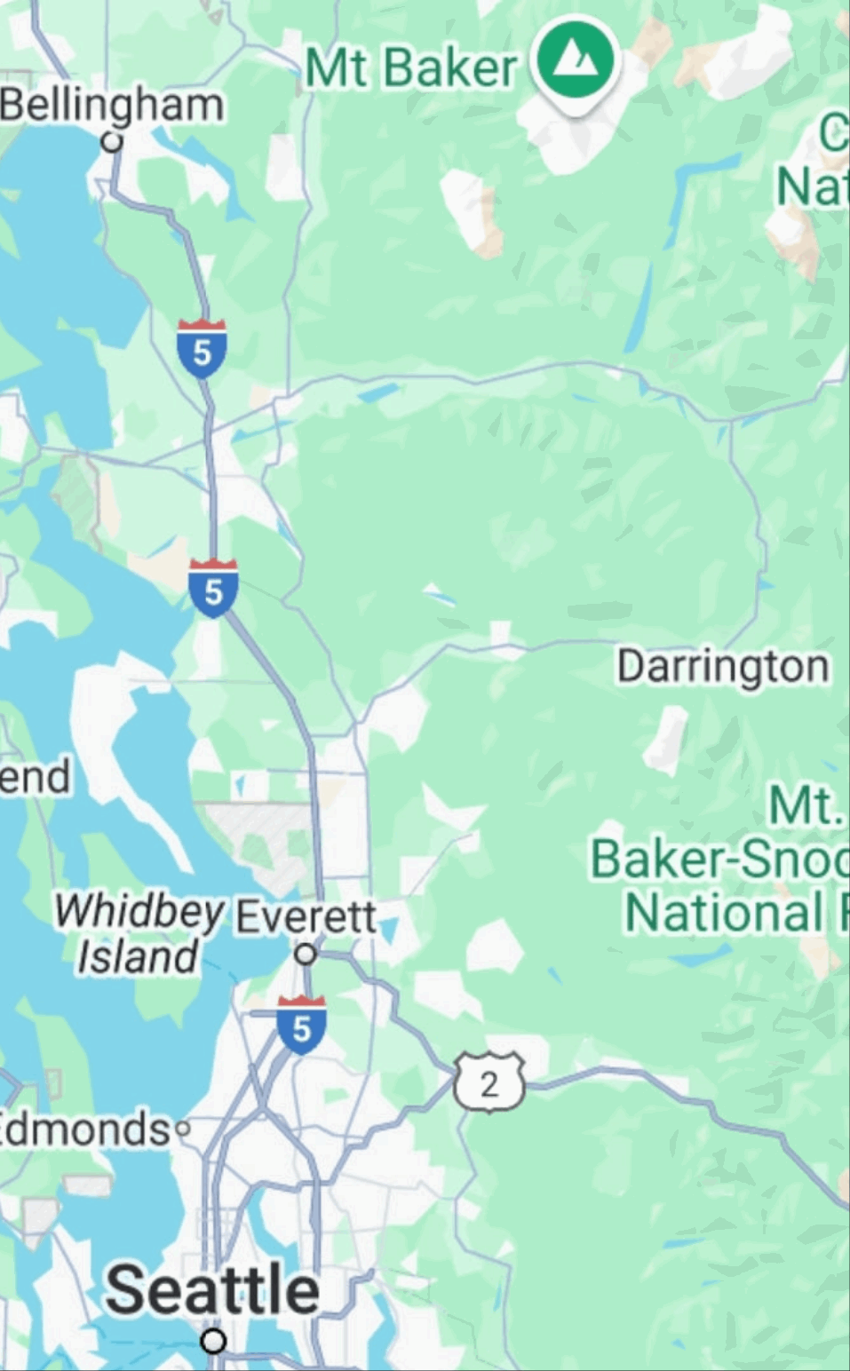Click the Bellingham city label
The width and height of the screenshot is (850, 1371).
coord(111,106)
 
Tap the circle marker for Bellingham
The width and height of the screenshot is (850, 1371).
coord(112,141)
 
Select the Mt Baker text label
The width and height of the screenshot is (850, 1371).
coord(410,67)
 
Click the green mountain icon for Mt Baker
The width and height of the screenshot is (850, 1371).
coord(575,61)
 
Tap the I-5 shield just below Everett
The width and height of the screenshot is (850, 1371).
coord(301,1025)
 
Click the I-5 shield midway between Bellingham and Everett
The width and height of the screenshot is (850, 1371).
coord(213,588)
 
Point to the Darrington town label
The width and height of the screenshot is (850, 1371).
coord(723,666)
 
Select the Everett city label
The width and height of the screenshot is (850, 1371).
coord(306,916)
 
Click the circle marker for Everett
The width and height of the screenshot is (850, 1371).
coord(306,955)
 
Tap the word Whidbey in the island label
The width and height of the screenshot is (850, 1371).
coord(139,911)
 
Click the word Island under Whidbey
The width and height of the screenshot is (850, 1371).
coord(138,957)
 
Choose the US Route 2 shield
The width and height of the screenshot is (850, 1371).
coord(489,1082)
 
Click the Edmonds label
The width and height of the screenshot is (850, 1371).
coord(84,1129)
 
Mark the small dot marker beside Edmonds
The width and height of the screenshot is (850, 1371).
coord(183,1129)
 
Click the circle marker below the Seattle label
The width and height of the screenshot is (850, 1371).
coord(213,1340)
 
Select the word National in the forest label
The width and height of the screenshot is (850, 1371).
coord(724,913)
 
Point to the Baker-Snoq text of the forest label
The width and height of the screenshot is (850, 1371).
coord(719,859)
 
